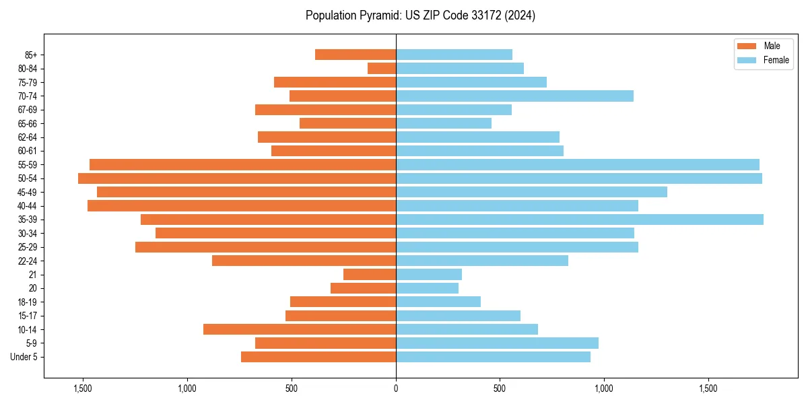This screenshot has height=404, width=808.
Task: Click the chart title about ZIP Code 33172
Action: (x=420, y=15)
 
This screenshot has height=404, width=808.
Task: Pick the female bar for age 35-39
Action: (x=579, y=220)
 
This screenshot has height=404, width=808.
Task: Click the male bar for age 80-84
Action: (x=382, y=68)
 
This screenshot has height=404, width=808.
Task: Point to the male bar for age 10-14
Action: (x=300, y=329)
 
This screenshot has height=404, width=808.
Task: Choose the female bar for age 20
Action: (x=427, y=288)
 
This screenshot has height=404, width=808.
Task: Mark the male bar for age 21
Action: (x=370, y=274)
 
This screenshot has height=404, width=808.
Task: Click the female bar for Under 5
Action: (x=493, y=357)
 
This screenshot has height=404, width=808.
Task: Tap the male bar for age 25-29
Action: (x=265, y=247)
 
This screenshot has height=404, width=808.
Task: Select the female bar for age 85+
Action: (x=454, y=55)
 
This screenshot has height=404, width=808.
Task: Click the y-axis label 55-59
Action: (x=28, y=164)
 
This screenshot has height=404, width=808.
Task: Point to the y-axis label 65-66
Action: (x=28, y=123)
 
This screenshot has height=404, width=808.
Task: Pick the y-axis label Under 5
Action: (x=24, y=357)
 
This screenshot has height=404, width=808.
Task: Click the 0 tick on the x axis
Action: (x=396, y=389)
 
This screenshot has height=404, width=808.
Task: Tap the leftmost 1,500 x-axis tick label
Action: (x=83, y=389)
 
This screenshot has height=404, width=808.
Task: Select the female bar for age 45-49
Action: (x=531, y=192)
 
